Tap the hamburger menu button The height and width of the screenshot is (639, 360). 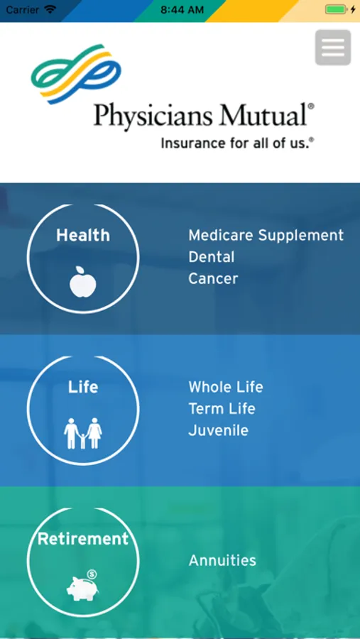tap(333, 48)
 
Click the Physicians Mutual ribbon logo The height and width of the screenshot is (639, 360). tap(76, 74)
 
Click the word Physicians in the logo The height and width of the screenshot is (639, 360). tap(153, 116)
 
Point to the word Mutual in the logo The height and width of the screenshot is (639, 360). tap(262, 114)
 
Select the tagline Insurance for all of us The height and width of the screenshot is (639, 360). tap(238, 143)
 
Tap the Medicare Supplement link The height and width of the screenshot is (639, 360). tap(266, 235)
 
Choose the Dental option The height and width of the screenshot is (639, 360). tap(211, 257)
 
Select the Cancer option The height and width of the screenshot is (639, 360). tap(213, 279)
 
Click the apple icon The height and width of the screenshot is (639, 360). tap(83, 282)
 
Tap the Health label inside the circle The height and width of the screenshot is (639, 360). tap(83, 235)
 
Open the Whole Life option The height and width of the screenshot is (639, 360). tap(226, 387)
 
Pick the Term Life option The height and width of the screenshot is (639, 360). tap(222, 408)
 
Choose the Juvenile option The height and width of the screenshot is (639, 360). tap(218, 430)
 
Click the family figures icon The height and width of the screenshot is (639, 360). tap(83, 433)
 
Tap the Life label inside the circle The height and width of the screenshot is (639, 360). tap(83, 387)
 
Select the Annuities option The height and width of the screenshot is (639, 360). tap(222, 560)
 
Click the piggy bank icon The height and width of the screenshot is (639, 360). tap(83, 586)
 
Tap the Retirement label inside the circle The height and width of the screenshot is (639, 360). tap(83, 539)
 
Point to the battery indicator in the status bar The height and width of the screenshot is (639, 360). tap(337, 9)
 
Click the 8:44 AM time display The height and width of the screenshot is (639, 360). tap(182, 10)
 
